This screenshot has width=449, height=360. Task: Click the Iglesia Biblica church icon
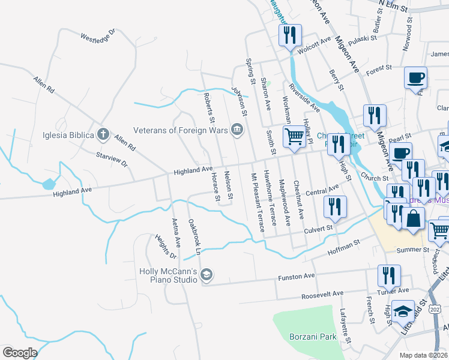coord(103,133)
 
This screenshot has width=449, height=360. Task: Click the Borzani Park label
coord(313,337)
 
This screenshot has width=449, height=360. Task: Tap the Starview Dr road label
coord(112,158)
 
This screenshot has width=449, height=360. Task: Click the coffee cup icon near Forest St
coord(415,77)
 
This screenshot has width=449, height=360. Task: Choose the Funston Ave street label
coord(296,277)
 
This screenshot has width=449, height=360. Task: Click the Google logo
coord(20,353)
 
